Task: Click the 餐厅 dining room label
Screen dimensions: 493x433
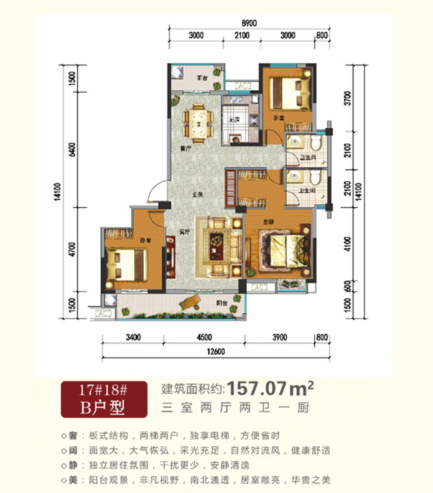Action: pyautogui.click(x=183, y=149)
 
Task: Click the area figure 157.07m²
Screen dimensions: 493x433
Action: pyautogui.click(x=271, y=389)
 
